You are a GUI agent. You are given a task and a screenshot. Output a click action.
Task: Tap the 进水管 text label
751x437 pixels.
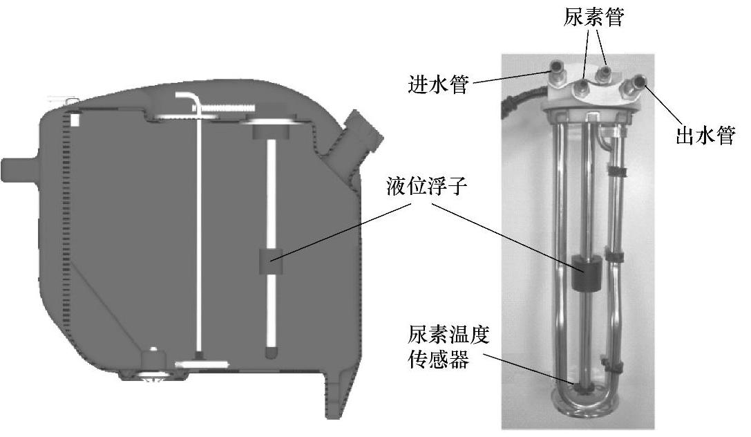pyautogui.click(x=439, y=86)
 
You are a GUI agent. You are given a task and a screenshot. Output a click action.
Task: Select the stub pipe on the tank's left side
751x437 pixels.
pyautogui.click(x=17, y=169)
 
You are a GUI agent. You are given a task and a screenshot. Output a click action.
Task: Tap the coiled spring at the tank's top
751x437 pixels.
pyautogui.click(x=221, y=108)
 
